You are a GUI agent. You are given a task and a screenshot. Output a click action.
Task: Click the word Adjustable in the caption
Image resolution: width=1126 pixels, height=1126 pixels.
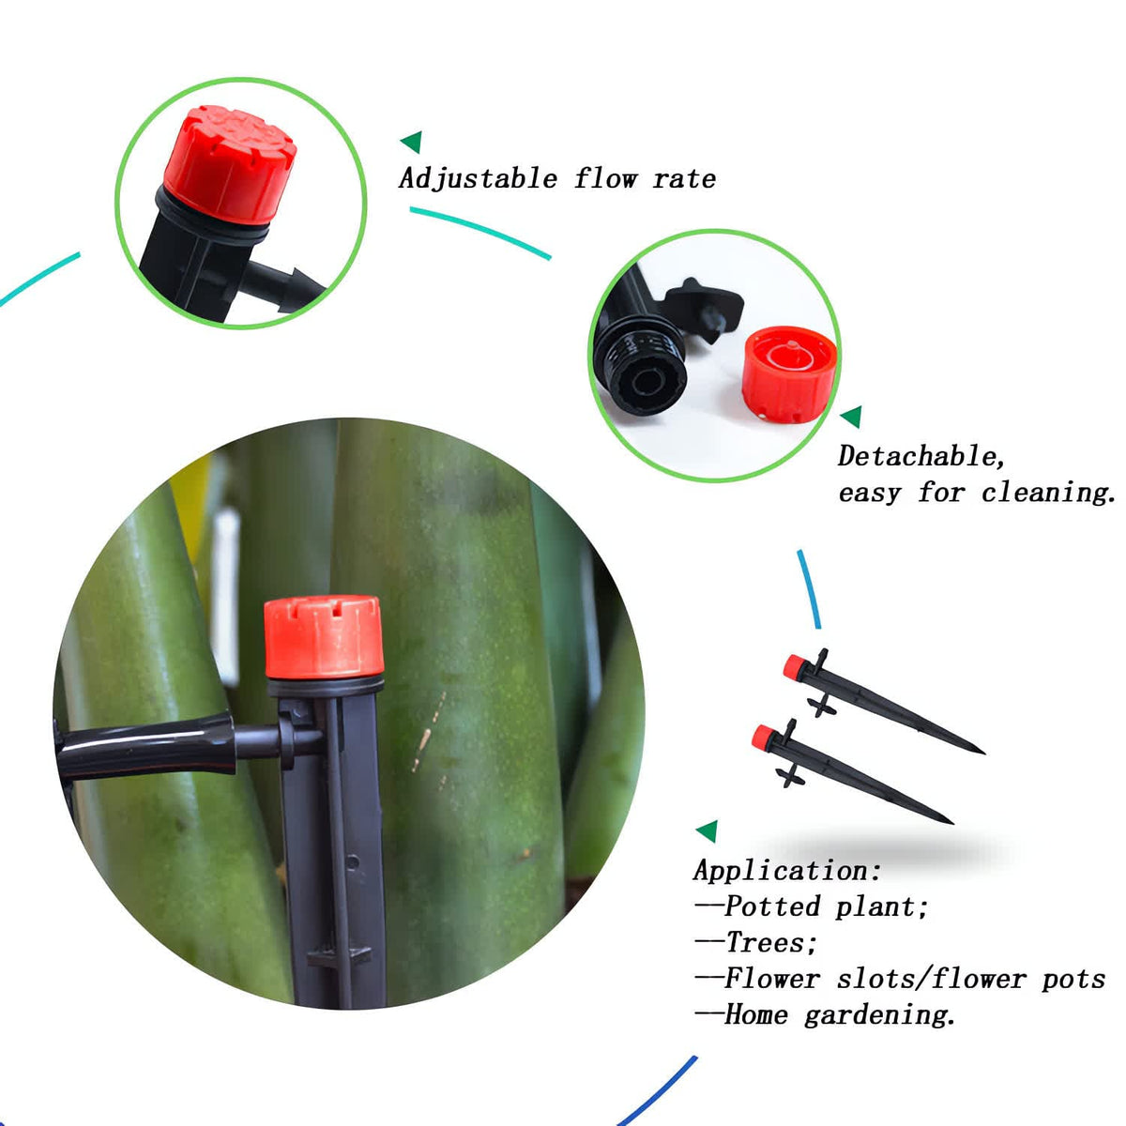click(x=478, y=179)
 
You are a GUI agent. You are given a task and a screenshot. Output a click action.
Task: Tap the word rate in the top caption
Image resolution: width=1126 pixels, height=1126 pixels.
click(x=684, y=179)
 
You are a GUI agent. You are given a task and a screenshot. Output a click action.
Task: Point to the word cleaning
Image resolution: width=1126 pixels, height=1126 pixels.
click(x=1049, y=493)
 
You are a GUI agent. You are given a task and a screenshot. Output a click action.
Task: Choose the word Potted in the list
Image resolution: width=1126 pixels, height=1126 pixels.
click(x=772, y=906)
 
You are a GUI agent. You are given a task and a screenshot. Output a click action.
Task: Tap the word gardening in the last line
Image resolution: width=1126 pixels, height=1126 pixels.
click(x=879, y=1015)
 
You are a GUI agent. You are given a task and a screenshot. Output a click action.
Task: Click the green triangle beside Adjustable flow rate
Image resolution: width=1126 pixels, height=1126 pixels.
click(x=413, y=142)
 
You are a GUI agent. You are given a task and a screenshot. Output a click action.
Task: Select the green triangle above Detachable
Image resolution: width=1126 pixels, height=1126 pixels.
click(x=853, y=417)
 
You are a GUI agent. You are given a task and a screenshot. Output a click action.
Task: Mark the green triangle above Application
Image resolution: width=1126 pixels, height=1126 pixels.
click(x=708, y=831)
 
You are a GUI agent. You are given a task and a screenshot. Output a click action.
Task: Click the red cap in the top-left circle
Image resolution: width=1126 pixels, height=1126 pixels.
click(x=229, y=164)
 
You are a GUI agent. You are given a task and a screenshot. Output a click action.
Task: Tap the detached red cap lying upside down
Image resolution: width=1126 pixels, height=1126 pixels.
click(x=789, y=374)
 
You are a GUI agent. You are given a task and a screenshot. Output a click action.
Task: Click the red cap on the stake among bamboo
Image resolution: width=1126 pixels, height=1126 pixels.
click(x=324, y=637)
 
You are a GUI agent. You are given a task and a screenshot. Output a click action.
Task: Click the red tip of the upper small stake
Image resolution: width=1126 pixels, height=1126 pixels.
click(x=794, y=667)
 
